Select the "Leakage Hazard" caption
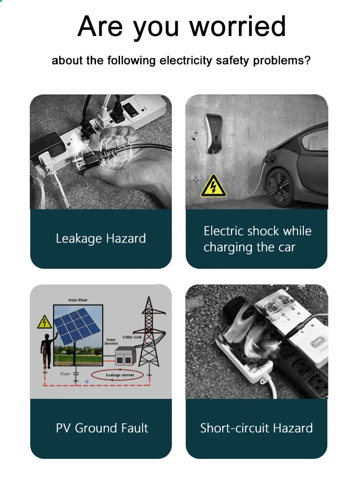click(x=101, y=239)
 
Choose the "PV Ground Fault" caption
click(x=102, y=428)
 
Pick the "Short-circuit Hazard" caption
click(x=256, y=428)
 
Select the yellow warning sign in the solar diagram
click(x=45, y=322)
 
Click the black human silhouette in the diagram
click(x=47, y=346)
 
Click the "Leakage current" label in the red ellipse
click(x=120, y=374)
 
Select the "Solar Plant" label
click(x=78, y=300)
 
